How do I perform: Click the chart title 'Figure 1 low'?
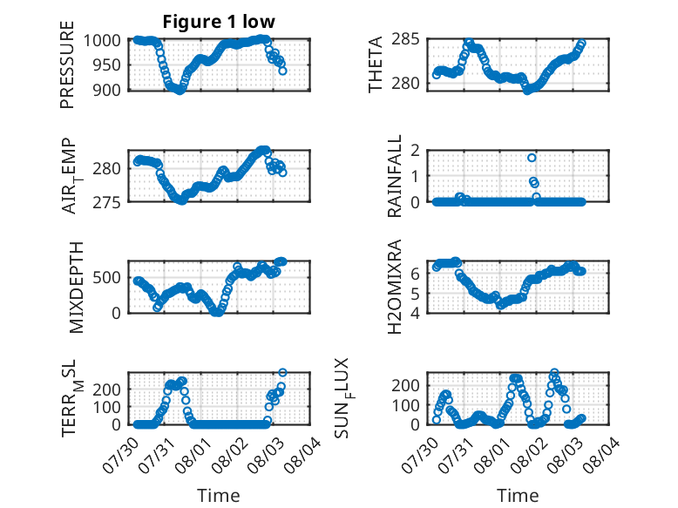pos(219,22)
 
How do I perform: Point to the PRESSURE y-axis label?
pos(67,64)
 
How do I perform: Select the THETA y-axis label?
pos(376,64)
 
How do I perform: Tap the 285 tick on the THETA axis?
pos(405,39)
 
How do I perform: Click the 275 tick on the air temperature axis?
pos(106,202)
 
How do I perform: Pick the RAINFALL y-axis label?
pos(395,176)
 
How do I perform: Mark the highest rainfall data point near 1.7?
pos(532,158)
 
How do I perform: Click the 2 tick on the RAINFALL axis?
pos(415,151)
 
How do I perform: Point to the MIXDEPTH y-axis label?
pos(76,288)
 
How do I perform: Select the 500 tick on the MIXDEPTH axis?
pos(106,277)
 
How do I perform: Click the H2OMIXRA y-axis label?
pos(395,287)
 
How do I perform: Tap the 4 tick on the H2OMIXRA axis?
pos(415,313)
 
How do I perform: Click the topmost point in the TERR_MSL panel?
pos(282,372)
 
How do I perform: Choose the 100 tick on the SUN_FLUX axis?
pos(405,405)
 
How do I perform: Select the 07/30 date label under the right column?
pos(420,455)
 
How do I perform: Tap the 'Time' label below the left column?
pos(219,496)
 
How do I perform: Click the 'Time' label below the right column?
pos(518,496)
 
